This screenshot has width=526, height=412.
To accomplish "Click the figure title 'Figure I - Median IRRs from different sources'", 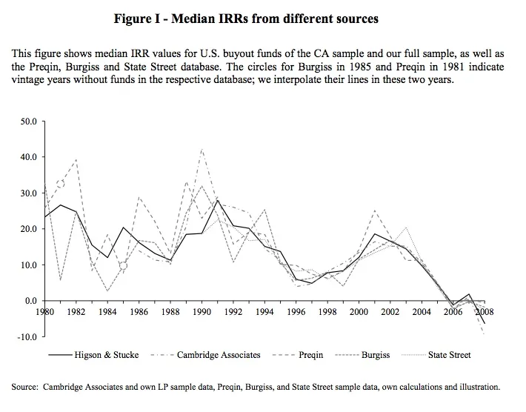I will (x=246, y=18).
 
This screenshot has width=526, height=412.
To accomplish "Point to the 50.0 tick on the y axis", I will (x=30, y=120).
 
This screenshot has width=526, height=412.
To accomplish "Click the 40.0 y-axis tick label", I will (x=30, y=156).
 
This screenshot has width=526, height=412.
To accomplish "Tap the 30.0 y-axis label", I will (x=30, y=193).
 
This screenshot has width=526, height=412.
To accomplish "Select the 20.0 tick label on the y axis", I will (x=30, y=229).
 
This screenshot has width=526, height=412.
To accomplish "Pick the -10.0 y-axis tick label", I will (x=28, y=336).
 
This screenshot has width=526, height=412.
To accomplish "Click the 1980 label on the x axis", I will (x=45, y=313).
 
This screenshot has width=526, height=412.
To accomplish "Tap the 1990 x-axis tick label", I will (x=202, y=313).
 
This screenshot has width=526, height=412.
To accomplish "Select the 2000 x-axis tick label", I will (x=359, y=313).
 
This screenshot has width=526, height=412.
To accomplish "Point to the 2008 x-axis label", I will (x=485, y=313).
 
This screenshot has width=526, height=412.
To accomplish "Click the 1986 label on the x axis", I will (x=139, y=313).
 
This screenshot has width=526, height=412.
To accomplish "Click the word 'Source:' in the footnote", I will (x=26, y=386).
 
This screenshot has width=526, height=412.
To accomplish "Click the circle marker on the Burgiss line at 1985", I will (x=123, y=265).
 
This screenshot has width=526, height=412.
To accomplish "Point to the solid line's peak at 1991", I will (x=218, y=199).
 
